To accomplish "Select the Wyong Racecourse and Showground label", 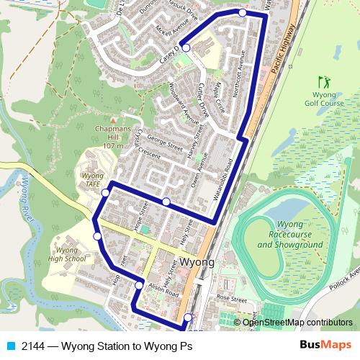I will (284, 235).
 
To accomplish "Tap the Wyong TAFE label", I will (91, 179).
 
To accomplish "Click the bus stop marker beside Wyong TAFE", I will (106, 192).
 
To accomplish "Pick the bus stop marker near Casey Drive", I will (186, 48).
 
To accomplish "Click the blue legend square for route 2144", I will (9, 344).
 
